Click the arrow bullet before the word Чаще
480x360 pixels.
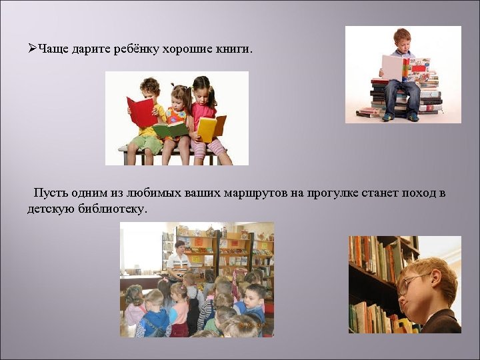[33, 49]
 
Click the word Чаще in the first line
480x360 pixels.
[52, 49]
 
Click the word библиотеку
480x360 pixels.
[111, 209]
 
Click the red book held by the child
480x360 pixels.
[140, 111]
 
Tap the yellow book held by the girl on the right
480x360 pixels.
[208, 127]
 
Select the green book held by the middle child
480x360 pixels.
[171, 129]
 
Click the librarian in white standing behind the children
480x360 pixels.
[178, 261]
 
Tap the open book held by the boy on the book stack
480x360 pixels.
[405, 67]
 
